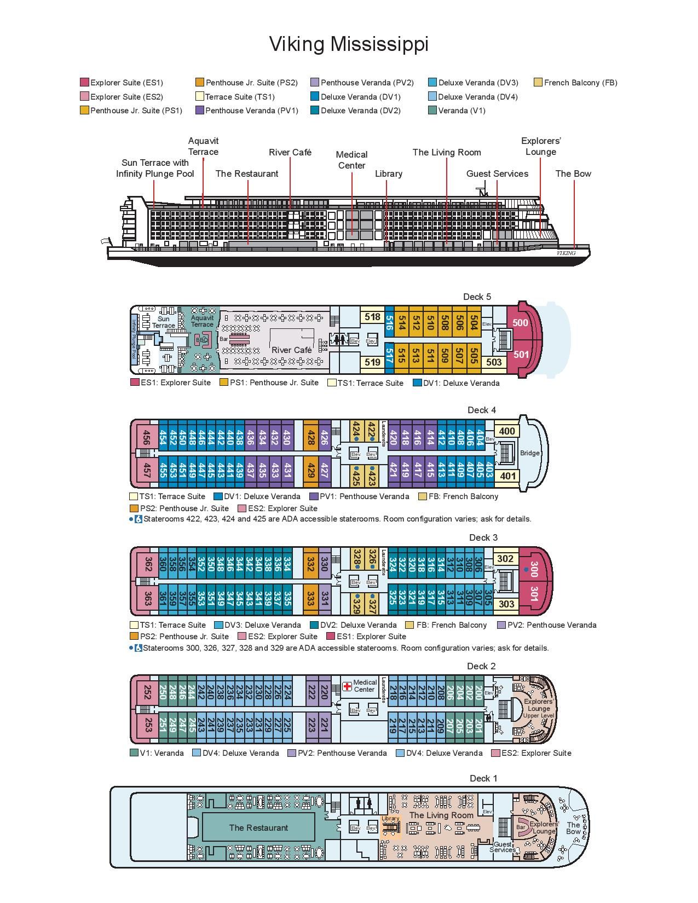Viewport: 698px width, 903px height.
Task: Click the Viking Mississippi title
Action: pos(349,44)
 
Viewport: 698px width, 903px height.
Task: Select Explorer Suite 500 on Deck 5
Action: pos(520,323)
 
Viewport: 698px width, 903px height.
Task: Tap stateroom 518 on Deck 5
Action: pos(372,317)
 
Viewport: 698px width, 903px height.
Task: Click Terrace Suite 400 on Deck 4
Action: pos(507,431)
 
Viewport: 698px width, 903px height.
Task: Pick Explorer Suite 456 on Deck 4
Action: pos(146,438)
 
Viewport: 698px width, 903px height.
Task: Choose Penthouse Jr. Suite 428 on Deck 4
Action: pos(311,438)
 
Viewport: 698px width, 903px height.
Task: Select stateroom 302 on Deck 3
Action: pos(505,559)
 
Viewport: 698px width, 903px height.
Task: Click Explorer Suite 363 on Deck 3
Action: pos(147,598)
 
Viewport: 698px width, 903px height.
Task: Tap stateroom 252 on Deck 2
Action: pos(147,692)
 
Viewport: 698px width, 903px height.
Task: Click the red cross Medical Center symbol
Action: pos(347,686)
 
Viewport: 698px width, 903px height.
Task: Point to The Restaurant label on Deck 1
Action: pos(258,827)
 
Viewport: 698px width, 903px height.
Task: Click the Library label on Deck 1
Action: pos(390,819)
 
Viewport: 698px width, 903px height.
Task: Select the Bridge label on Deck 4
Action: pos(529,453)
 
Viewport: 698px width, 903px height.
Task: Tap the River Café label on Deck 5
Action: pos(291,350)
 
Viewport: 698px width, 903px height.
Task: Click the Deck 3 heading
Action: pos(483,537)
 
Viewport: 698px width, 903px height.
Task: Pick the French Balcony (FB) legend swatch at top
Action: pos(538,83)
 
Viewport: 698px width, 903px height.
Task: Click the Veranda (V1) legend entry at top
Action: pos(462,111)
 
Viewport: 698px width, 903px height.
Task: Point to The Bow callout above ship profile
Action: pos(573,173)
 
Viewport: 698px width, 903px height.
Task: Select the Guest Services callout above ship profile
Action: pos(497,173)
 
